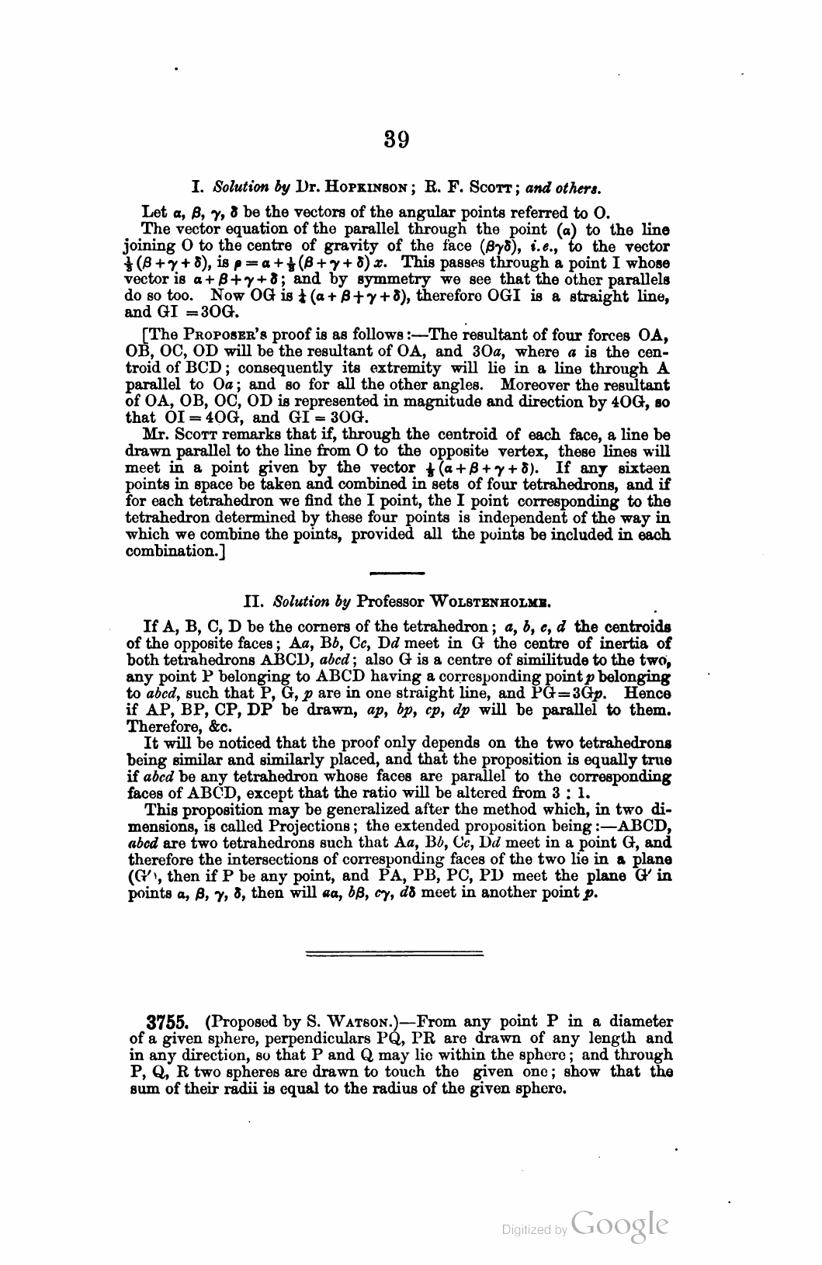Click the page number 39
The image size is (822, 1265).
tap(396, 140)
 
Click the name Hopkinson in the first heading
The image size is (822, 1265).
tap(366, 188)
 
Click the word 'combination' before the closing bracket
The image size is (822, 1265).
tap(161, 553)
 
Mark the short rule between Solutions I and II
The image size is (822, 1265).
tap(397, 574)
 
